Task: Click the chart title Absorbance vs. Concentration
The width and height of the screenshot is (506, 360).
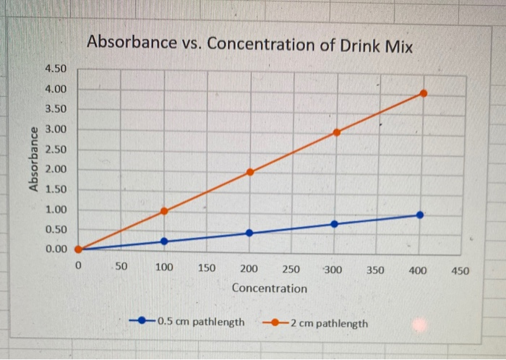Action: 249,45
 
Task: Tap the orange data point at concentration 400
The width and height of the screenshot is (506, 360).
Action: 424,93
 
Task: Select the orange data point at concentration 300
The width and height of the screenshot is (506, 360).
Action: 337,132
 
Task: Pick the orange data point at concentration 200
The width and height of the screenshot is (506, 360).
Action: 250,172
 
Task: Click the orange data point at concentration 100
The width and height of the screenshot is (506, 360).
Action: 164,211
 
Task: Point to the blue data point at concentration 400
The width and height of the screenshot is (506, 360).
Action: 420,215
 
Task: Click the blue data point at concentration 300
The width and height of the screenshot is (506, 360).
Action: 334,224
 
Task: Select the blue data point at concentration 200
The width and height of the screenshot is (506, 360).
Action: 249,233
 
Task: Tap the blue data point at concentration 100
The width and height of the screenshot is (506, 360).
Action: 164,241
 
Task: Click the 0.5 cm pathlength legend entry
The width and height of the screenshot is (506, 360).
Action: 189,322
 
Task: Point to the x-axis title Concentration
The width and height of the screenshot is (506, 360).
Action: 269,288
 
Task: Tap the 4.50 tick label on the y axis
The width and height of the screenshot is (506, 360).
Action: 56,69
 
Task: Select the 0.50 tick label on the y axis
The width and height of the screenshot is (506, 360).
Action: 56,229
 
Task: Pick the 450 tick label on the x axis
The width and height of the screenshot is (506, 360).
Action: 460,271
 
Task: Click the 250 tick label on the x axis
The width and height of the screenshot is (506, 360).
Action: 291,269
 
